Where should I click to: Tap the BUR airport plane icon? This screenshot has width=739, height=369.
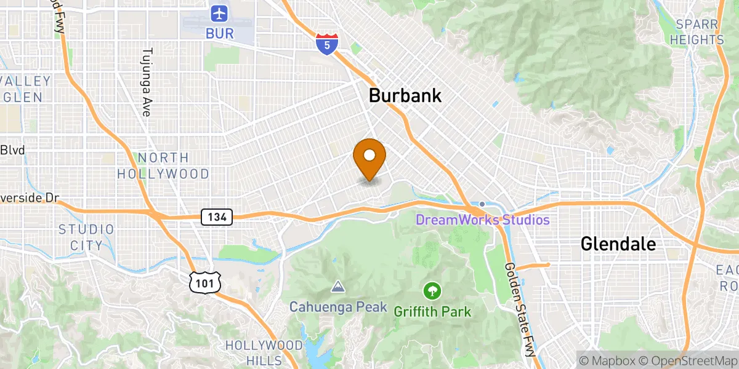click(219, 12)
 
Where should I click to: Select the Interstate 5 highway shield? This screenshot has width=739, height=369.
click(327, 44)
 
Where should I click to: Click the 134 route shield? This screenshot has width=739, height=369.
click(217, 216)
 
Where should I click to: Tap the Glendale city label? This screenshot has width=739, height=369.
click(618, 244)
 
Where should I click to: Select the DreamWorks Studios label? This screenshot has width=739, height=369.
click(482, 220)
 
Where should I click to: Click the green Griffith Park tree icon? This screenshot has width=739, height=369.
click(433, 290)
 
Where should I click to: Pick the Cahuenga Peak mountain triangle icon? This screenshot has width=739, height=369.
click(337, 287)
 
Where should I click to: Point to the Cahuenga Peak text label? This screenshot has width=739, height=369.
click(338, 306)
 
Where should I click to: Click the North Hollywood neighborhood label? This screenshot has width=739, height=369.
click(163, 166)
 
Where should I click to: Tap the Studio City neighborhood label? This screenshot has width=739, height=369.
click(86, 237)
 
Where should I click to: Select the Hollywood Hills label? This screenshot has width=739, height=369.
click(264, 352)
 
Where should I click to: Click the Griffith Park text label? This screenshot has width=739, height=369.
click(432, 312)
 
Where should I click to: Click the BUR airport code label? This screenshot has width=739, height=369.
click(220, 33)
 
